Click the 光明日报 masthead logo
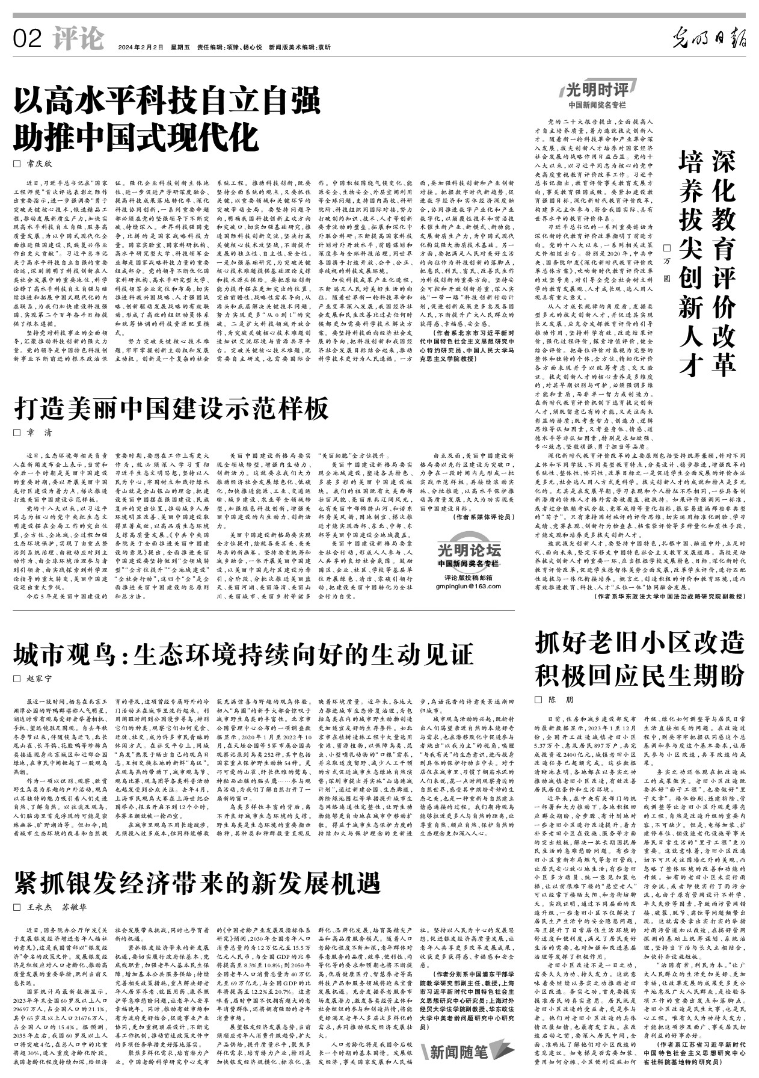(x=709, y=40)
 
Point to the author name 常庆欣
(x=40, y=164)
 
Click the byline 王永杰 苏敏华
(x=58, y=907)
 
